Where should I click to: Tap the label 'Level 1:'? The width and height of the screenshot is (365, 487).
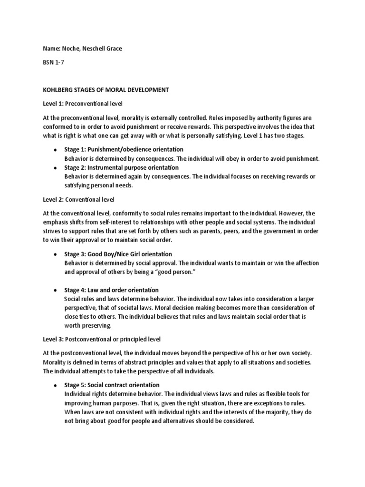pyautogui.click(x=53, y=103)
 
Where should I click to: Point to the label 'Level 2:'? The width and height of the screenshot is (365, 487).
pyautogui.click(x=53, y=199)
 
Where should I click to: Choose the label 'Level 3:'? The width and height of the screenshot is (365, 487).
pyautogui.click(x=53, y=340)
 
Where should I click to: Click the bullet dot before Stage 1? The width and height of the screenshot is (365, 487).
pyautogui.click(x=56, y=150)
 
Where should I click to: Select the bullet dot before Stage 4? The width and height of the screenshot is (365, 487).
pyautogui.click(x=56, y=290)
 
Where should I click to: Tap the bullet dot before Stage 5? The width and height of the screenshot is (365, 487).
pyautogui.click(x=56, y=385)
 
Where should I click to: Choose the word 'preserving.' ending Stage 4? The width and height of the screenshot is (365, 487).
pyautogui.click(x=88, y=326)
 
